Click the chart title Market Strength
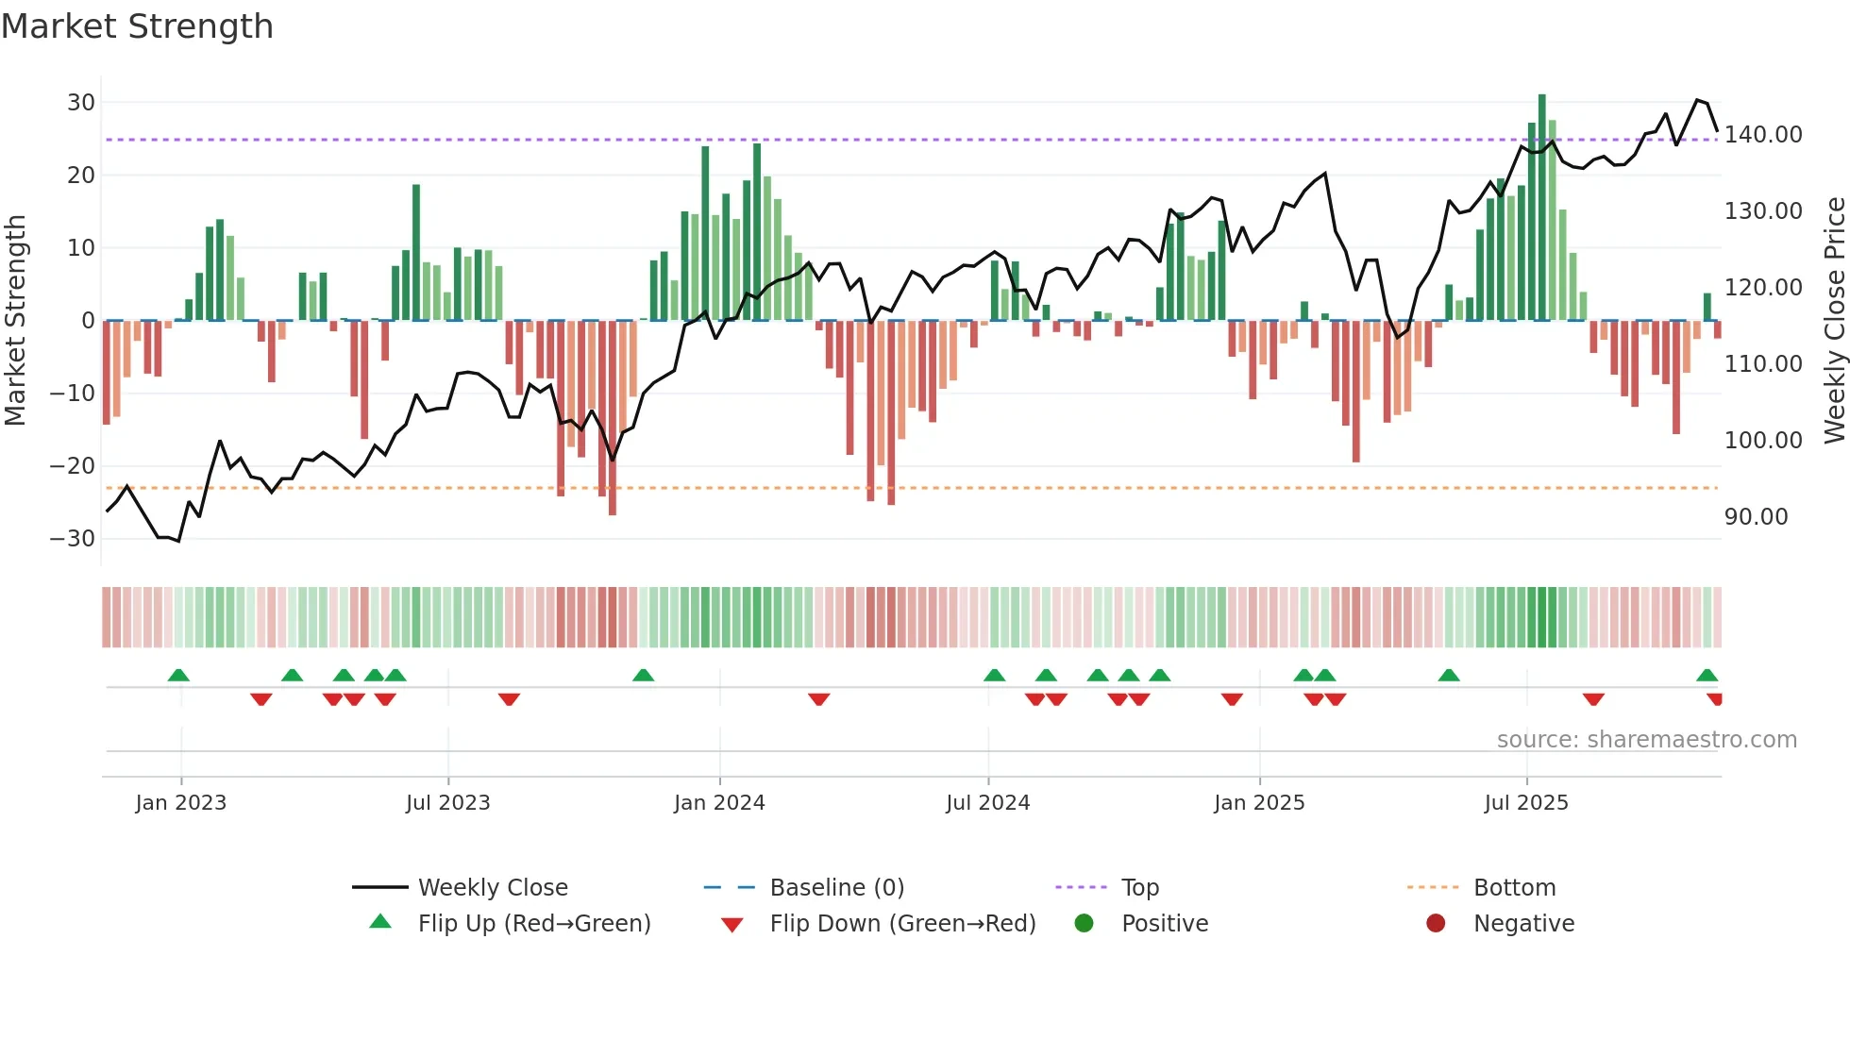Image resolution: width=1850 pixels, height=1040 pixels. coord(137,26)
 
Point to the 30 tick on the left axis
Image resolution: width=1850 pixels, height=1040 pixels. coord(81,102)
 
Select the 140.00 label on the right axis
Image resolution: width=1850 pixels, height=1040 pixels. coord(1762,135)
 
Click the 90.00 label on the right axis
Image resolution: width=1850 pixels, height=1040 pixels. coord(1756,517)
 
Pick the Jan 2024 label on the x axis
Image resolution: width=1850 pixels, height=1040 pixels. coord(719,803)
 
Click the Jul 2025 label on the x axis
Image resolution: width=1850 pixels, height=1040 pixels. coord(1526,803)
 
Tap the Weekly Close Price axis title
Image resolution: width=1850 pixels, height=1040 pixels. coord(1834,321)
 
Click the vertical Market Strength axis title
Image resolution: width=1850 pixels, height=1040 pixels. coord(15,321)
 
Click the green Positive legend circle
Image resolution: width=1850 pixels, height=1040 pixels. coord(1085,924)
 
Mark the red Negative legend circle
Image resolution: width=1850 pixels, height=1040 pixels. coord(1436,924)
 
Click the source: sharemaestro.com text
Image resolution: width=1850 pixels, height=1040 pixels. coord(1646,740)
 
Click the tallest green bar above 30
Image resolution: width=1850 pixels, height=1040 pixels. coord(1541,208)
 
